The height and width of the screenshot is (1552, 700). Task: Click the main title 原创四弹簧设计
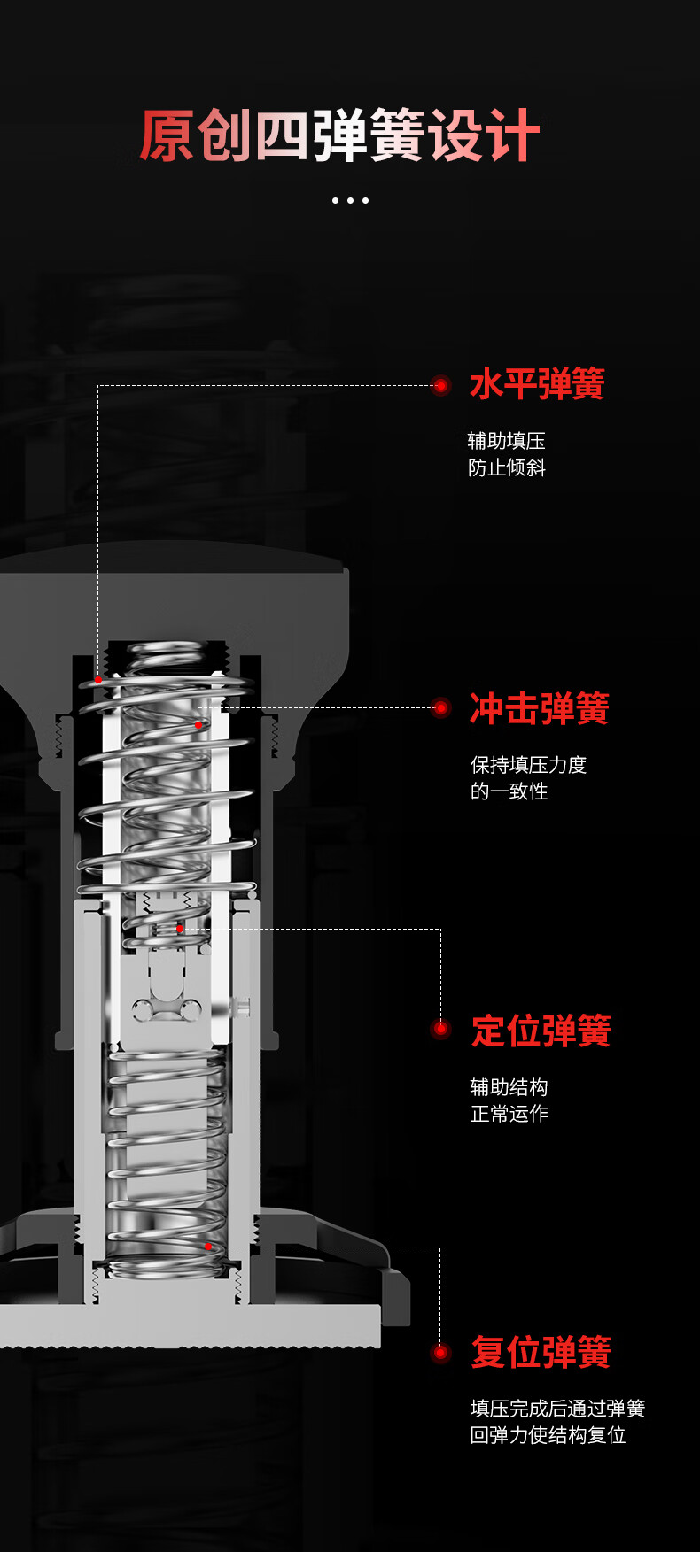(339, 135)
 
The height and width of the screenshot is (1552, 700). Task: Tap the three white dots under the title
(350, 200)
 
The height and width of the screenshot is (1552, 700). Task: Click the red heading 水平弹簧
(537, 384)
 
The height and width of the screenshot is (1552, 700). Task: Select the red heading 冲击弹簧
(540, 708)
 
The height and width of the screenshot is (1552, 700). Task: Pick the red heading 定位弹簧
(541, 1031)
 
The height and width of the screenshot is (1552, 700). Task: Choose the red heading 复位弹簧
(541, 1352)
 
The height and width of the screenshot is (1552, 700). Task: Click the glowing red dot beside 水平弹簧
(440, 385)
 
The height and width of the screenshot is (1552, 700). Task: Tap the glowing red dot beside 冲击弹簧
(440, 708)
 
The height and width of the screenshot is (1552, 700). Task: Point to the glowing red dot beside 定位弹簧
(440, 1029)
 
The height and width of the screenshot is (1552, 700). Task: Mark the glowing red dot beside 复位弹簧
(440, 1352)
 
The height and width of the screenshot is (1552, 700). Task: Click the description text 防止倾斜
(507, 467)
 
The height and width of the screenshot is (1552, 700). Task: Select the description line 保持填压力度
(528, 764)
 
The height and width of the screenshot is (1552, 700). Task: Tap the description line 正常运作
(509, 1113)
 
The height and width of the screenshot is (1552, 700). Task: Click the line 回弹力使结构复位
(548, 1434)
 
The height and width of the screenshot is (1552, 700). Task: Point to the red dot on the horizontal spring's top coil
(98, 679)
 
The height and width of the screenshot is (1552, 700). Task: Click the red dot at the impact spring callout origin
(198, 725)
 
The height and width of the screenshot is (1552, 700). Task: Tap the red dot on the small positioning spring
(180, 929)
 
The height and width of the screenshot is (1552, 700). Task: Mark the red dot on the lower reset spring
(208, 1246)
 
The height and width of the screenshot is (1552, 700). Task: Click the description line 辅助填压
(507, 440)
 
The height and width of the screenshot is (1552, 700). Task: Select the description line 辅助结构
(509, 1086)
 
